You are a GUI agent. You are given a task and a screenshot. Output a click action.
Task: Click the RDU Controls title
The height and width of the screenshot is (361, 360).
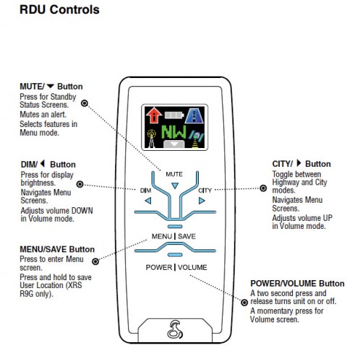point(59,10)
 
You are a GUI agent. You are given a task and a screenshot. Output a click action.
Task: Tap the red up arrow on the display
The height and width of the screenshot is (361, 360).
point(154,115)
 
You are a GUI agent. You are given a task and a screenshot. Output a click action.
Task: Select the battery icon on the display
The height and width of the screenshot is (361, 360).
point(174,115)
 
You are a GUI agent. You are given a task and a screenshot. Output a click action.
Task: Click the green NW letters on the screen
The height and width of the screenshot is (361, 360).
point(174,132)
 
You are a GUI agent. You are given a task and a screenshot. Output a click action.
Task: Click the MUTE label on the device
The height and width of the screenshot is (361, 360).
point(174,174)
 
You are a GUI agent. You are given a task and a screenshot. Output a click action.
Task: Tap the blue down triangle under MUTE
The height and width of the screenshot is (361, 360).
point(175,186)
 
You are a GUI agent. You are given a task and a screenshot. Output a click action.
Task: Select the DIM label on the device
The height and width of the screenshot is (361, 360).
point(145,191)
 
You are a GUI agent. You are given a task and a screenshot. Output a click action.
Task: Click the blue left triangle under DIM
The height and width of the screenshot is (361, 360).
point(148,201)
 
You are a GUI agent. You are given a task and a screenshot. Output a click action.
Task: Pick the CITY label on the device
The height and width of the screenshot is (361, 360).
point(205,191)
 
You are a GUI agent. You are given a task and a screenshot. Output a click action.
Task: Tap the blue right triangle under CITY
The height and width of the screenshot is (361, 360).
point(202,201)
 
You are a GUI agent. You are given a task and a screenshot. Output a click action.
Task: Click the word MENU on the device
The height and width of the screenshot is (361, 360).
point(162,236)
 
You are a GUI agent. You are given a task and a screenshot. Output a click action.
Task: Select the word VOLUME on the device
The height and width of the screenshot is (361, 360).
point(192,267)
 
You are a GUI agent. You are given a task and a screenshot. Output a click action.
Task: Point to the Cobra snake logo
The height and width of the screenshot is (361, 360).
point(175,329)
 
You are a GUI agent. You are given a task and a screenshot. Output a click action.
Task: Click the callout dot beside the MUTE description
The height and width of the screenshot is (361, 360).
point(85,103)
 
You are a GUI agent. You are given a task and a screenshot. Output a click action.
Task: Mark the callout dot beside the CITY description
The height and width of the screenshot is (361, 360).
point(263,188)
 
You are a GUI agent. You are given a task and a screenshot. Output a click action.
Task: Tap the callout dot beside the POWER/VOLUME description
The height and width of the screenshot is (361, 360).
point(244,303)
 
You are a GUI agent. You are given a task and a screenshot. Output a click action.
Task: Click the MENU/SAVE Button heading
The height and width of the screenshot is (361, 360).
point(57,249)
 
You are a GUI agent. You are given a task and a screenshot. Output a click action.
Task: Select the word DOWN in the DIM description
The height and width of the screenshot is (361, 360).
point(82,211)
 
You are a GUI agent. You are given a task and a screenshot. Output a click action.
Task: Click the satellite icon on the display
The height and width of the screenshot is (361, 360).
point(197,139)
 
